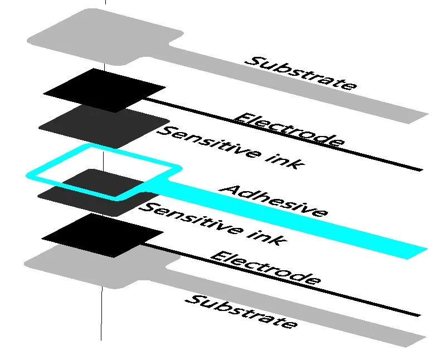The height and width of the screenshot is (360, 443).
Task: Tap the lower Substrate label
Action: pyautogui.click(x=241, y=312)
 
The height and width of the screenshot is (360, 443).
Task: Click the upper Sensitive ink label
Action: pyautogui.click(x=232, y=148)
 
